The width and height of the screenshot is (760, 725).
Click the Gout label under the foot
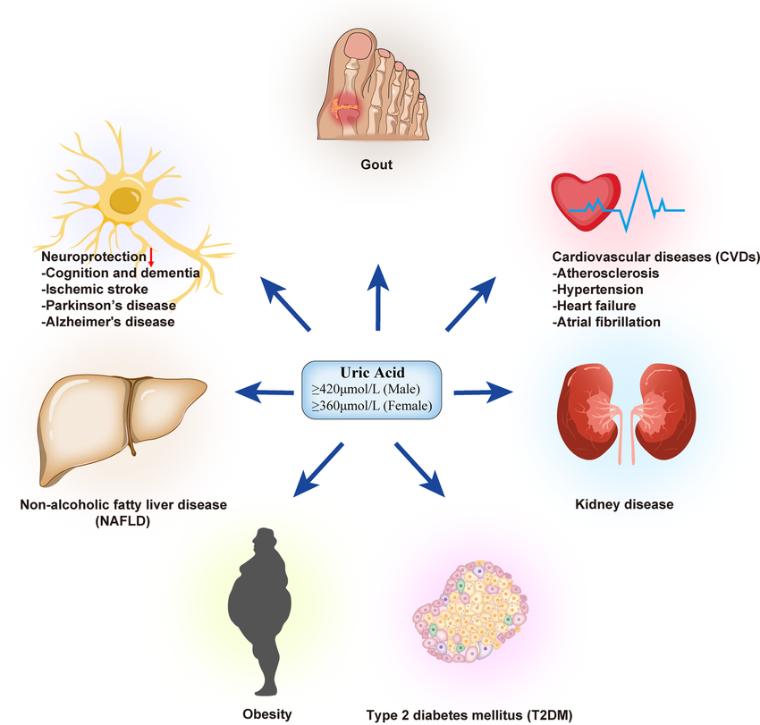coord(376,165)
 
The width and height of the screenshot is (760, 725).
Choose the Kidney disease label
coord(623,505)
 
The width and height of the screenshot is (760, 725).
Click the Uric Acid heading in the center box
coord(371,373)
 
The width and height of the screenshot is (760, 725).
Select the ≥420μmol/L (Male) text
coord(371,390)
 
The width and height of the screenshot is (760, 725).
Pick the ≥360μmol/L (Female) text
coord(371,407)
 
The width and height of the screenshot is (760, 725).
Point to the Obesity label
coord(266,713)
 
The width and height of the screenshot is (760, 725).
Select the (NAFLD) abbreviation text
coord(123,521)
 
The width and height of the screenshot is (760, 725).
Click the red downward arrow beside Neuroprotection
coord(152,257)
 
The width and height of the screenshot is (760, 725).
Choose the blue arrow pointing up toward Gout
coord(379,295)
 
